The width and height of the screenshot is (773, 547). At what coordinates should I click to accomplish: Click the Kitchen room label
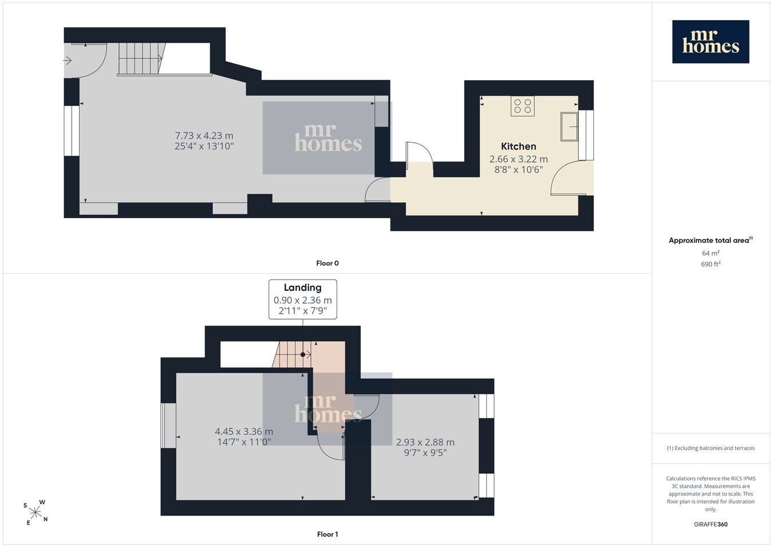tap(518, 146)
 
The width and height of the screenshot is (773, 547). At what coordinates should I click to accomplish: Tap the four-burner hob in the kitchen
tap(522, 106)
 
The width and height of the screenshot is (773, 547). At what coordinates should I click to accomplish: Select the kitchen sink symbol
tap(569, 127)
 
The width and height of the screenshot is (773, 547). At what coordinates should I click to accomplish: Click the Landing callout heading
tap(303, 288)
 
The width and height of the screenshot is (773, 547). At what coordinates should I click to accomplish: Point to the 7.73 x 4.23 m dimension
tap(204, 136)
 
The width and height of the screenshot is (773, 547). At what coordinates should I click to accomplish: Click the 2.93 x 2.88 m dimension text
tap(425, 442)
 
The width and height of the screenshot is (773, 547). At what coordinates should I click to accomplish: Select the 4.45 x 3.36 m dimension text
tap(244, 431)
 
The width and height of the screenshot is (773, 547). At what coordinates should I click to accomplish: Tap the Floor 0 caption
tap(328, 263)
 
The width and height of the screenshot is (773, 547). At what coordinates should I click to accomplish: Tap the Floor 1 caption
tap(328, 534)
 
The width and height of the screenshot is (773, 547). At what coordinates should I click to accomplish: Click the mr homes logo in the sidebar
tap(711, 42)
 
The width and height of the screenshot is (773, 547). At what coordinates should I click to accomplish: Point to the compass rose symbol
tap(36, 513)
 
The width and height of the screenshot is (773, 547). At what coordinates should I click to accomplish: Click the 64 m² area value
tap(711, 253)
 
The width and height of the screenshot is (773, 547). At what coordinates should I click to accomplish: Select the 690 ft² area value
tap(711, 264)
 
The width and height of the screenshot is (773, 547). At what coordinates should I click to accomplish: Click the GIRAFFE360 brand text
tap(711, 524)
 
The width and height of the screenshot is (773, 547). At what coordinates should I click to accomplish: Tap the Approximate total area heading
tap(711, 240)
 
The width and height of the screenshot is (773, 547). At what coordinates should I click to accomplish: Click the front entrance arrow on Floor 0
tap(67, 61)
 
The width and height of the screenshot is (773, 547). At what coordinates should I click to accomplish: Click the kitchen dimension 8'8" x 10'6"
tap(518, 170)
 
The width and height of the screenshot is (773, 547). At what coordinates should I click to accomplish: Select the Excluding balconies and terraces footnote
tap(711, 448)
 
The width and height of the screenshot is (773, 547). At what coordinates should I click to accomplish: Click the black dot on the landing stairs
tap(303, 355)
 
